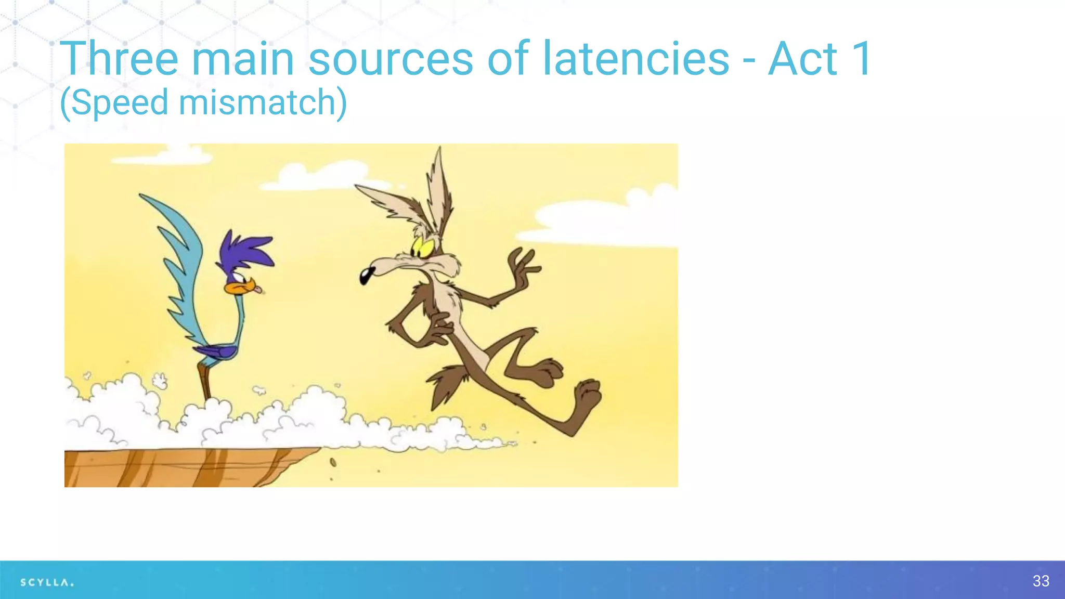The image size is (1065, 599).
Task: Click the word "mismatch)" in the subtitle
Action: pyautogui.click(x=263, y=102)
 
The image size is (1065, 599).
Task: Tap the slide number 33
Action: pyautogui.click(x=1041, y=581)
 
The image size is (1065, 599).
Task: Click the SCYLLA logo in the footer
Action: pyautogui.click(x=47, y=582)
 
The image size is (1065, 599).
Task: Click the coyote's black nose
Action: pyautogui.click(x=368, y=275)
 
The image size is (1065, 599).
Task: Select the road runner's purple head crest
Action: pyautogui.click(x=248, y=250)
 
